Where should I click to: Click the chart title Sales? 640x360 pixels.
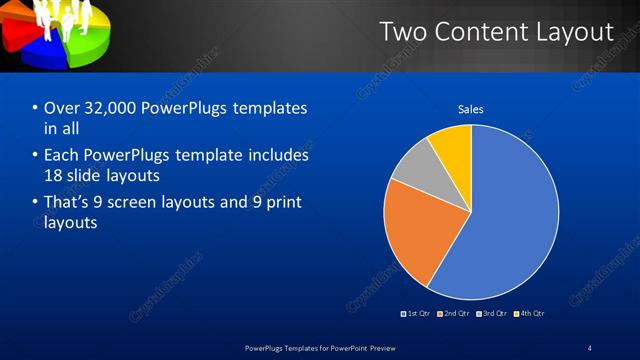(x=471, y=109)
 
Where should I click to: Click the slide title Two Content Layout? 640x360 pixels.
(x=496, y=32)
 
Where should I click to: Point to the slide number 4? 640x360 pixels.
(x=589, y=347)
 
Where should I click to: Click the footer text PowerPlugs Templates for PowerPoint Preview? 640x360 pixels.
(x=320, y=347)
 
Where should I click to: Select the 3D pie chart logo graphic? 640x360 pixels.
(x=55, y=34)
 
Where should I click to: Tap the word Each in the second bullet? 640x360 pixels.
(x=61, y=156)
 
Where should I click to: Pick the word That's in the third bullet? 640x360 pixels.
(x=68, y=203)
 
